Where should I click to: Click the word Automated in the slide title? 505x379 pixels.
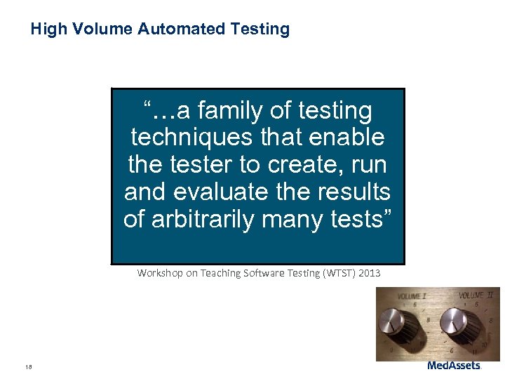pyautogui.click(x=182, y=29)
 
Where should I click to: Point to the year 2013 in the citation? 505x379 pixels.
pyautogui.click(x=369, y=273)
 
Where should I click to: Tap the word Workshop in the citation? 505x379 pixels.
pyautogui.click(x=159, y=273)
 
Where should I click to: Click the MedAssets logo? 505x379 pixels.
pyautogui.click(x=454, y=366)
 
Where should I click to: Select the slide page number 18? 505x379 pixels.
pyautogui.click(x=28, y=366)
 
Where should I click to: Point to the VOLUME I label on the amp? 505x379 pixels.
pyautogui.click(x=411, y=296)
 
